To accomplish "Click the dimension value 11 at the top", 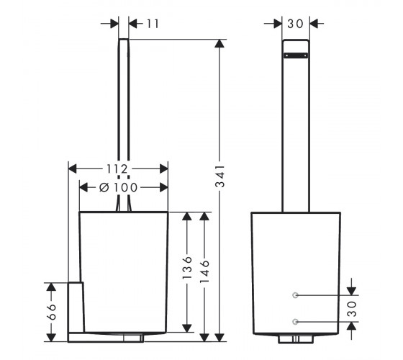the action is [153, 24].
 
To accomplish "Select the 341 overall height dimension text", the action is [220, 176].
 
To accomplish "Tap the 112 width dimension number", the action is [117, 169].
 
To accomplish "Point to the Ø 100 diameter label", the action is [119, 187].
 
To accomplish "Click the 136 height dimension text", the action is [187, 267].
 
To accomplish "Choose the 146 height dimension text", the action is [204, 271].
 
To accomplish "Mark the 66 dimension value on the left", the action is [52, 312].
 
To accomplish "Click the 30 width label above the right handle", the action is [295, 24].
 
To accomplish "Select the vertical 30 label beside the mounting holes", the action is [352, 309].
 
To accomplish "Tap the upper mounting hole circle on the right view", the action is [295, 295].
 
